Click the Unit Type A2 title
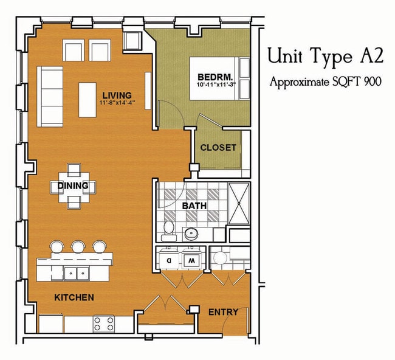325,57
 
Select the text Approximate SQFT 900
325,82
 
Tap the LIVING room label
117,95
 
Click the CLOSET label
218,147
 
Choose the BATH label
194,206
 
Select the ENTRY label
223,312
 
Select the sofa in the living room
50,96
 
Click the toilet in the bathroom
168,230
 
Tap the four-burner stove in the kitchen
103,324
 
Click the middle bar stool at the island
78,247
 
